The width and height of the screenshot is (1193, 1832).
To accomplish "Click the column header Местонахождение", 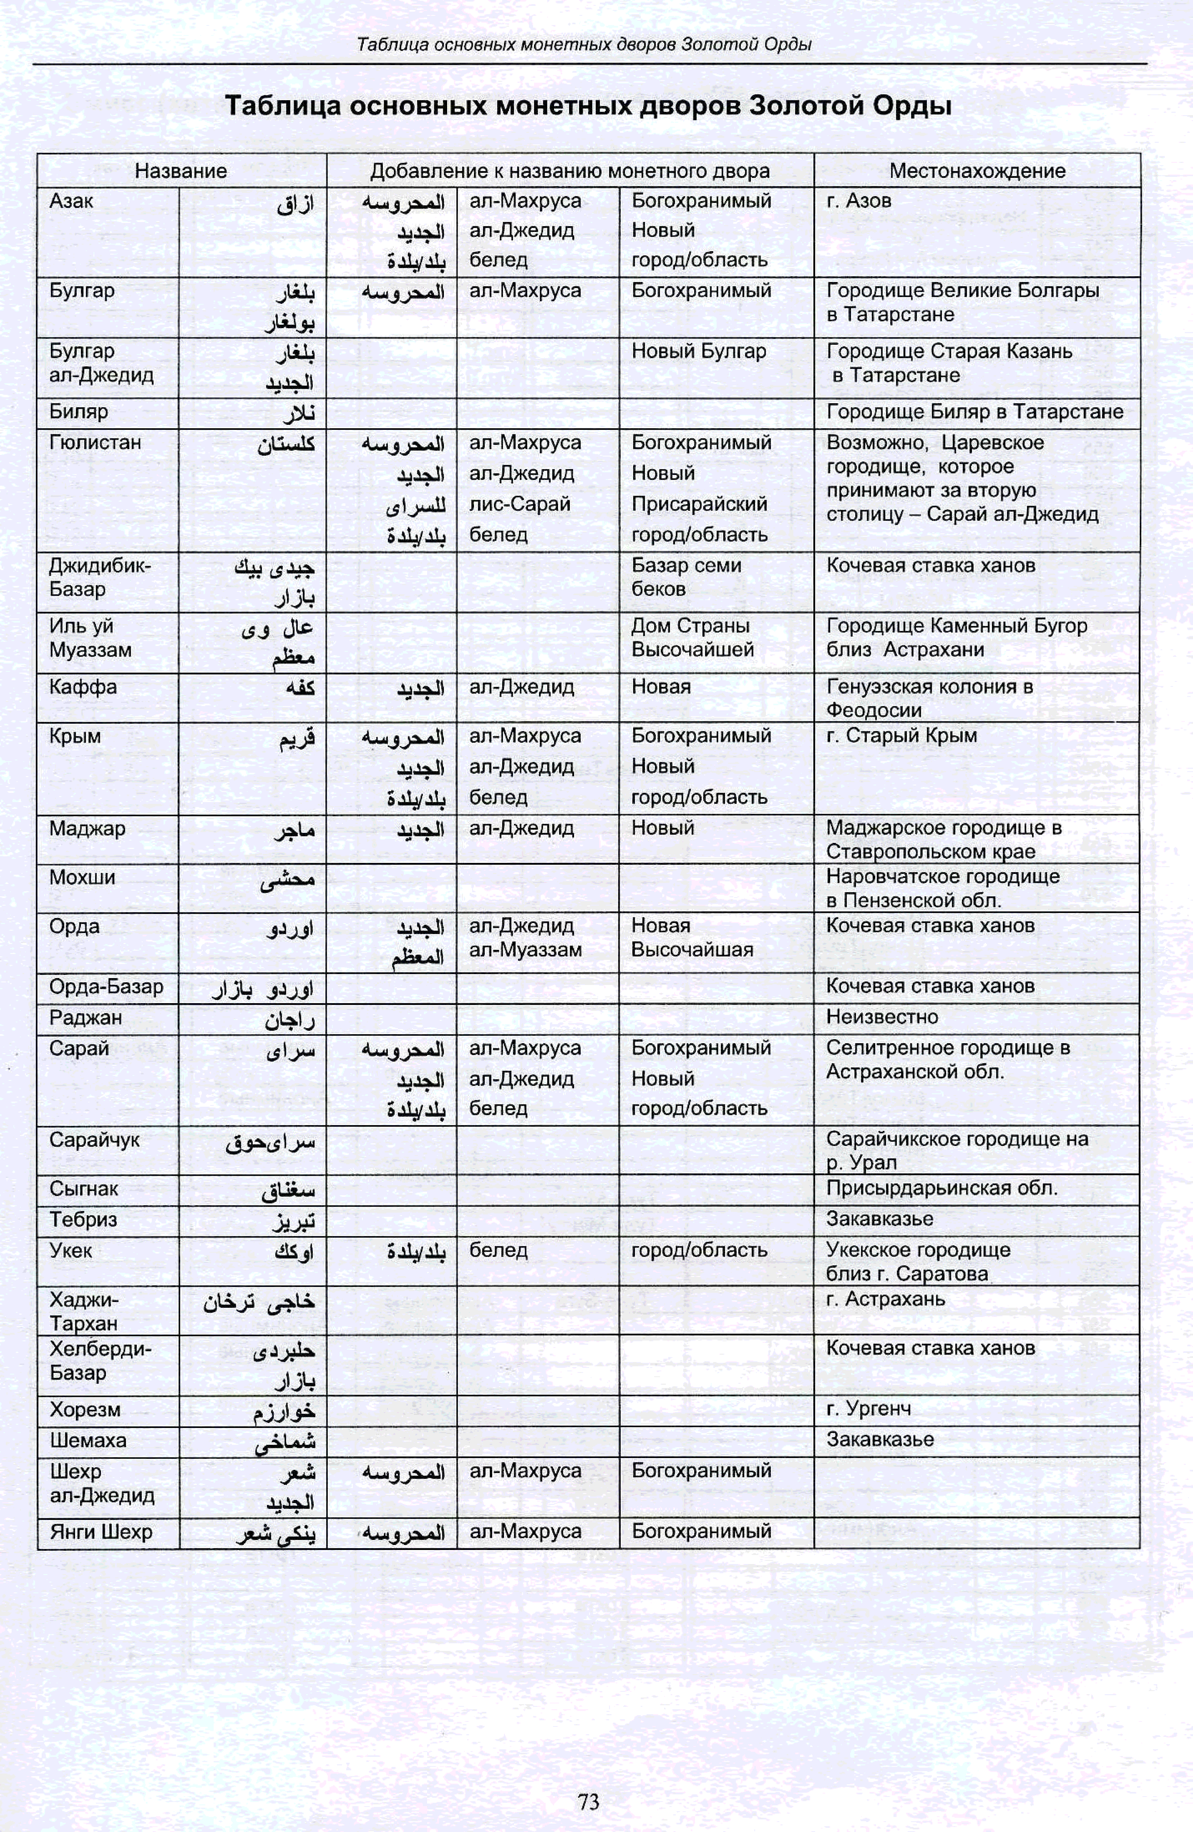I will (977, 171).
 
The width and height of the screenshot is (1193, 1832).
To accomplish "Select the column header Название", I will (181, 171).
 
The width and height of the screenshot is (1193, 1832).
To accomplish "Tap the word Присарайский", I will (699, 504).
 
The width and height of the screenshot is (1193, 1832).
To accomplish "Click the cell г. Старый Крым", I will (901, 736).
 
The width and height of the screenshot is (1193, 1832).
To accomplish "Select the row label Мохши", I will (82, 878).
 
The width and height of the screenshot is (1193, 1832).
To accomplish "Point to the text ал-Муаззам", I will (525, 950).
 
